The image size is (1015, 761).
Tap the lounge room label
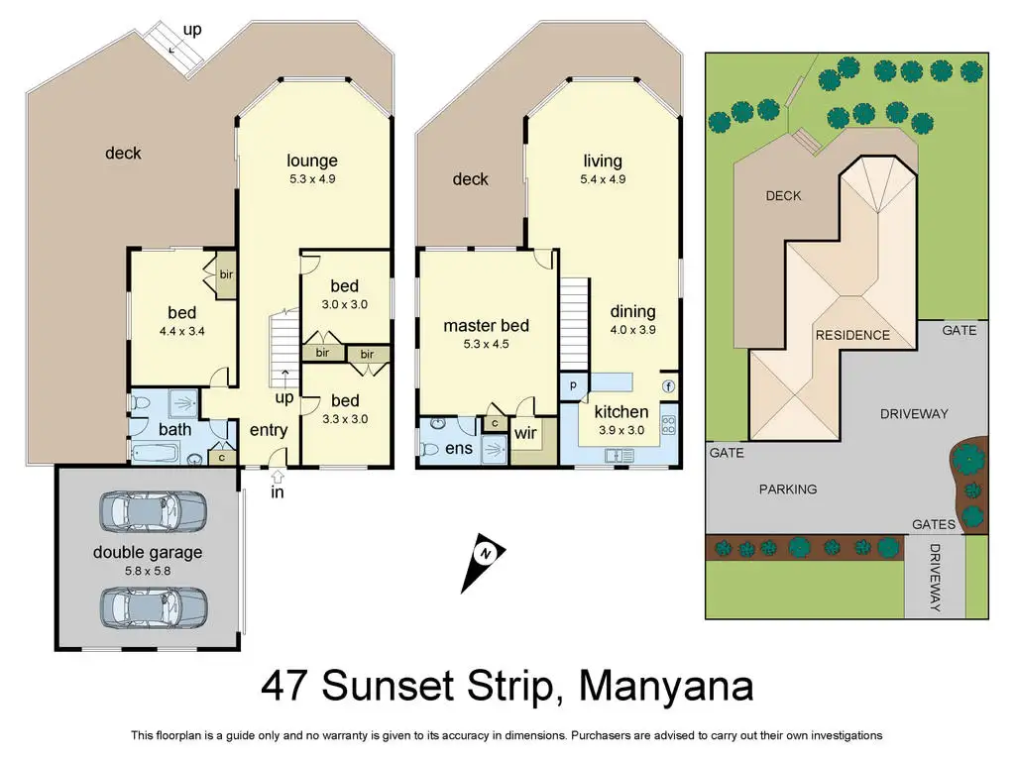click(x=312, y=161)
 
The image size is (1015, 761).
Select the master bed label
click(x=486, y=326)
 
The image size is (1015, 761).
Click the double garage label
click(x=148, y=552)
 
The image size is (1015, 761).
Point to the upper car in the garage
click(x=154, y=510)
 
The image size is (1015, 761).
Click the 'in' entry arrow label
click(x=278, y=491)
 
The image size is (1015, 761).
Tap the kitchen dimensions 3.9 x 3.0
click(x=621, y=430)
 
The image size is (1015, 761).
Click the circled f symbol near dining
click(x=669, y=386)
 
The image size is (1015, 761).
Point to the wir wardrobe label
click(x=525, y=433)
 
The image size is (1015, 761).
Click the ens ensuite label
click(x=459, y=449)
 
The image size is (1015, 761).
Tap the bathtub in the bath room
click(x=155, y=454)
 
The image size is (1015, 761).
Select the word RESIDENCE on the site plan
click(x=852, y=335)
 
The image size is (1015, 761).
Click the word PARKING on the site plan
click(x=788, y=489)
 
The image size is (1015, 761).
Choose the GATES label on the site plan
click(x=934, y=524)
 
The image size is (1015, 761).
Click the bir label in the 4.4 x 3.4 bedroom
click(x=225, y=273)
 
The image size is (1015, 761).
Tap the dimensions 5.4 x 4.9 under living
click(x=603, y=179)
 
